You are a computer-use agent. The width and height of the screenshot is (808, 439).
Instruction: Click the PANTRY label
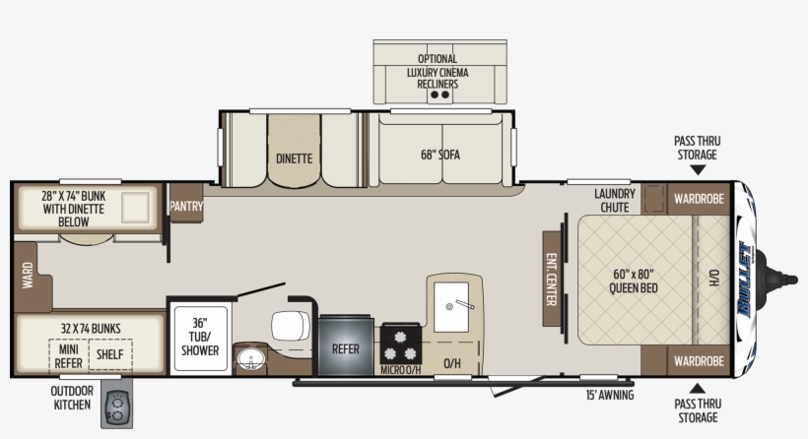click(185, 207)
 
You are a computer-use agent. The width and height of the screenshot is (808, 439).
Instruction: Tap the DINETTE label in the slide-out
click(294, 157)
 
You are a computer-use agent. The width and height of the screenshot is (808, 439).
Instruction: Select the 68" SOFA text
click(440, 155)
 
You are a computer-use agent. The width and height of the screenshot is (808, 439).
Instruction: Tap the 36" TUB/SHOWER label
click(200, 336)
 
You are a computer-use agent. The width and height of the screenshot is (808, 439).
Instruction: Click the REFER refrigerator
click(345, 348)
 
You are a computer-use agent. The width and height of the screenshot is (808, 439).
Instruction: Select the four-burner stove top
click(401, 344)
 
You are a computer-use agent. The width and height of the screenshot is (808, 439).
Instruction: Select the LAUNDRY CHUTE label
click(615, 200)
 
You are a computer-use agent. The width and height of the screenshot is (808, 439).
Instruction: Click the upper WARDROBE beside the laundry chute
click(699, 198)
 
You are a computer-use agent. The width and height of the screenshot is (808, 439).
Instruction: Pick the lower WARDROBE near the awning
click(699, 360)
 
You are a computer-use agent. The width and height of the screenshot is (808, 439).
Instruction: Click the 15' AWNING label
click(609, 396)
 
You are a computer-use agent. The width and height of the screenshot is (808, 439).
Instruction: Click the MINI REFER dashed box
click(68, 353)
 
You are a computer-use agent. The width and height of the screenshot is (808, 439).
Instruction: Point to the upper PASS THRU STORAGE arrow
click(697, 169)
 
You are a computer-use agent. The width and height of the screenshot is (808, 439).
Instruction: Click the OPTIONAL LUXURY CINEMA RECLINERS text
click(438, 72)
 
